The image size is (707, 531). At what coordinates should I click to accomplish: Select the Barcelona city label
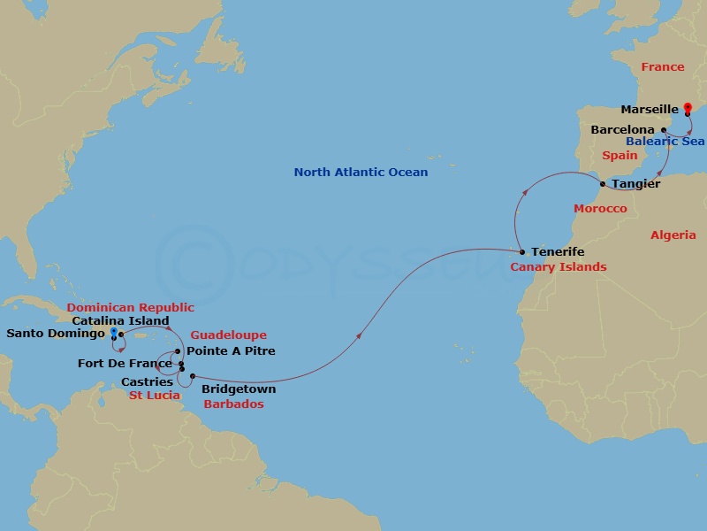pyautogui.click(x=623, y=130)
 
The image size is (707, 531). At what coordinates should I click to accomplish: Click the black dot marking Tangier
pyautogui.click(x=604, y=184)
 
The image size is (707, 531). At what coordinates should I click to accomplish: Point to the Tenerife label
pyautogui.click(x=559, y=252)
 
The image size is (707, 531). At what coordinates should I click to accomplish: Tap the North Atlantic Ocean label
pyautogui.click(x=361, y=173)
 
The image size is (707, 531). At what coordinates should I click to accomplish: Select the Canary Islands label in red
pyautogui.click(x=559, y=266)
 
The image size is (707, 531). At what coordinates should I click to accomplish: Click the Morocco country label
pyautogui.click(x=600, y=209)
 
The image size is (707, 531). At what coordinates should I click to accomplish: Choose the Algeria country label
pyautogui.click(x=673, y=235)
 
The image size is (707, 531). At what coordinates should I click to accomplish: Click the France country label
pyautogui.click(x=663, y=67)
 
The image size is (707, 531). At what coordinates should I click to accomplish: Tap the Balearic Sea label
pyautogui.click(x=665, y=142)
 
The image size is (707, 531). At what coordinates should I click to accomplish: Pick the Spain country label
pyautogui.click(x=620, y=156)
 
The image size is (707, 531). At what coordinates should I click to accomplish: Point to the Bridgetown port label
pyautogui.click(x=239, y=389)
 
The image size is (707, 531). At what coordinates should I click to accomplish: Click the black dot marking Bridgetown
pyautogui.click(x=192, y=376)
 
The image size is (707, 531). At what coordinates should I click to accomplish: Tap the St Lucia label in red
pyautogui.click(x=155, y=395)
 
